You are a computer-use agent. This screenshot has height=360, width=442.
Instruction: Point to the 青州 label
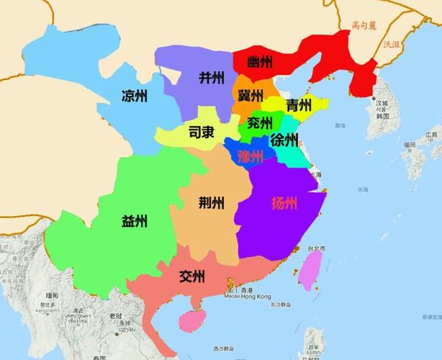click(x=299, y=105)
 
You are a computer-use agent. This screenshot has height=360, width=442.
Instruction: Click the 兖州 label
click(x=258, y=122)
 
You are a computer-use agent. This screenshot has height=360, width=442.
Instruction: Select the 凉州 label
click(x=135, y=96)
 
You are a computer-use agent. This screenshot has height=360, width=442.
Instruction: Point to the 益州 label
click(x=135, y=220)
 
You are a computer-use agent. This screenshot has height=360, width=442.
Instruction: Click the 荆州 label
click(x=211, y=203)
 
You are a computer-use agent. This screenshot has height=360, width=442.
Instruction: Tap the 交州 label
click(x=192, y=276)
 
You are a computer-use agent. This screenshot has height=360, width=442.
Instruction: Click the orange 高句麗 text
click(x=364, y=25)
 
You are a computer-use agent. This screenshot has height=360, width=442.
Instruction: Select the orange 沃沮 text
click(x=392, y=44)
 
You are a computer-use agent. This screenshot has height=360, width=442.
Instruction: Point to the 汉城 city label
click(x=382, y=104)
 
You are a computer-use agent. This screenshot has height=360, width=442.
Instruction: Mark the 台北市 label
click(x=317, y=249)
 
